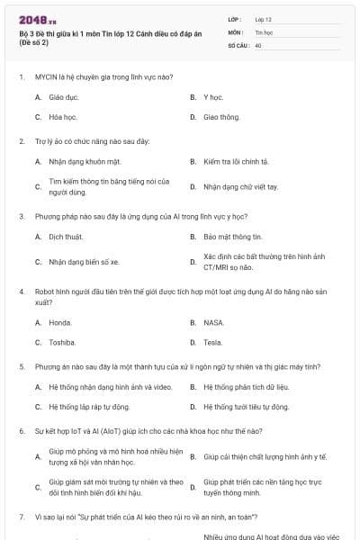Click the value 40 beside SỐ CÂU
[x=258, y=44]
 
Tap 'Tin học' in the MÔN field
[x=264, y=31]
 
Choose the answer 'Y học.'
[x=212, y=95]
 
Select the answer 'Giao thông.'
[x=221, y=117]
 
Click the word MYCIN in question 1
[x=46, y=77]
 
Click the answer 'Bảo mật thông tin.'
[x=232, y=237]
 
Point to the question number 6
[x=21, y=431]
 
